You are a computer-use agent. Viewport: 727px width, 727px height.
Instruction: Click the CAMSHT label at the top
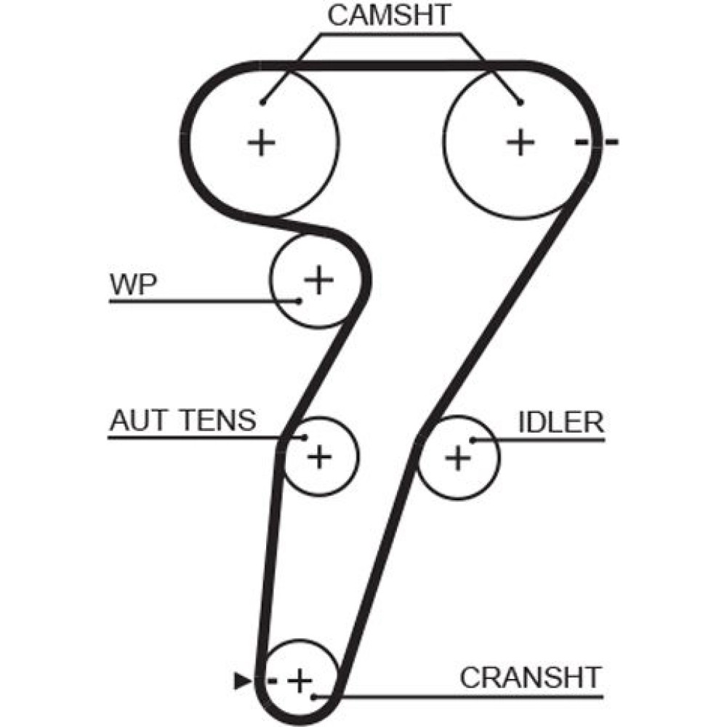(390, 16)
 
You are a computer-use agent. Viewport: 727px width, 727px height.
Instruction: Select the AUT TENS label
(182, 420)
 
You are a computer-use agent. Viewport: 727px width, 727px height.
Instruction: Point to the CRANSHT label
(531, 678)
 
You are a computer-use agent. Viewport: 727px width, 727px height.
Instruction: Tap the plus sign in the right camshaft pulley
(520, 142)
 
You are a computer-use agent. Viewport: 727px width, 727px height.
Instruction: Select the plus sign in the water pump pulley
(318, 279)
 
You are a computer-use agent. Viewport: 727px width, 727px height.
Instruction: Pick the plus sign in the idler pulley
(458, 457)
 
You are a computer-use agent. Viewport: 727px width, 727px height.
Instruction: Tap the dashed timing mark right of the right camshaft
(596, 142)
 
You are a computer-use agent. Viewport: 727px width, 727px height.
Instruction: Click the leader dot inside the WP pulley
(298, 300)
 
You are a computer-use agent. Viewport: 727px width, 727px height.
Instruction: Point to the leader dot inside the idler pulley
(473, 439)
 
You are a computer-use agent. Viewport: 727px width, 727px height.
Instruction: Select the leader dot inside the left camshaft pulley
(262, 102)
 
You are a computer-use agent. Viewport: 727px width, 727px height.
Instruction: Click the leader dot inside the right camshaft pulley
(519, 102)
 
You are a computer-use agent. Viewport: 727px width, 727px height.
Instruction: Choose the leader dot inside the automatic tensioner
(305, 438)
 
